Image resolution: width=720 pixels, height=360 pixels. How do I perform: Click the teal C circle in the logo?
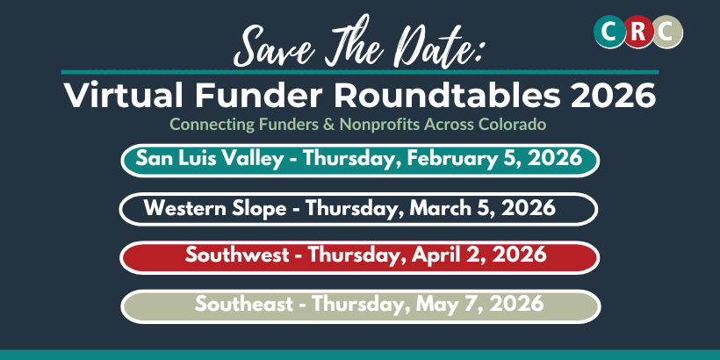coord(608,32)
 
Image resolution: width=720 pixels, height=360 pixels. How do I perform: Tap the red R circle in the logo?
coord(638,32)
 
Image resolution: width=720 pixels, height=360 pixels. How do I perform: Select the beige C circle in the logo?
coord(666,32)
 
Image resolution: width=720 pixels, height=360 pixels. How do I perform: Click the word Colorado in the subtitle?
coord(513,124)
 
